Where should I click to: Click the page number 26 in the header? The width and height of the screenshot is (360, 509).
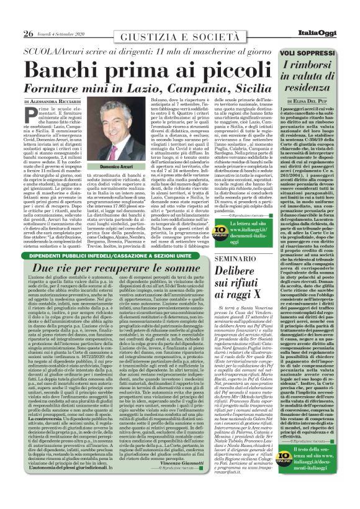point(29,16)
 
